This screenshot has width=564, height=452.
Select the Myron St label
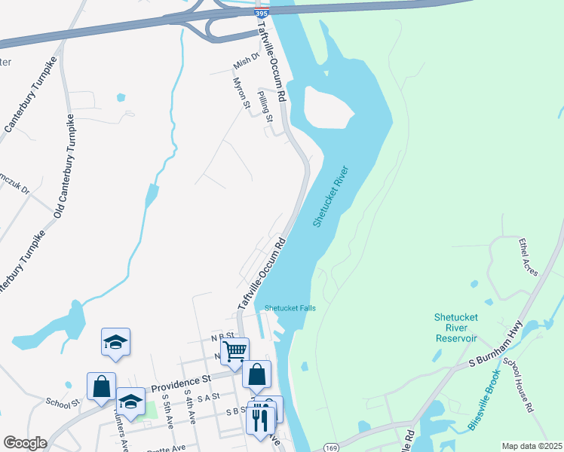tap(241, 93)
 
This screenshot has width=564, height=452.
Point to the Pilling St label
tap(264, 102)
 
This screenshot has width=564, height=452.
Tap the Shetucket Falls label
tap(290, 308)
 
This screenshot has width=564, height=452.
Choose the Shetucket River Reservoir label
tap(456, 327)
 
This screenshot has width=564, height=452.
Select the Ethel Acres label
tap(527, 257)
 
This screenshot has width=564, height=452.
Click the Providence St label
tap(179, 383)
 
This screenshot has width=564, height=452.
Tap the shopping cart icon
tap(234, 350)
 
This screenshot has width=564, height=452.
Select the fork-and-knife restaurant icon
tap(261, 416)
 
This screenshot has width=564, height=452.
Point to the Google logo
tap(25, 443)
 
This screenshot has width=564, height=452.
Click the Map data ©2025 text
tap(532, 446)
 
